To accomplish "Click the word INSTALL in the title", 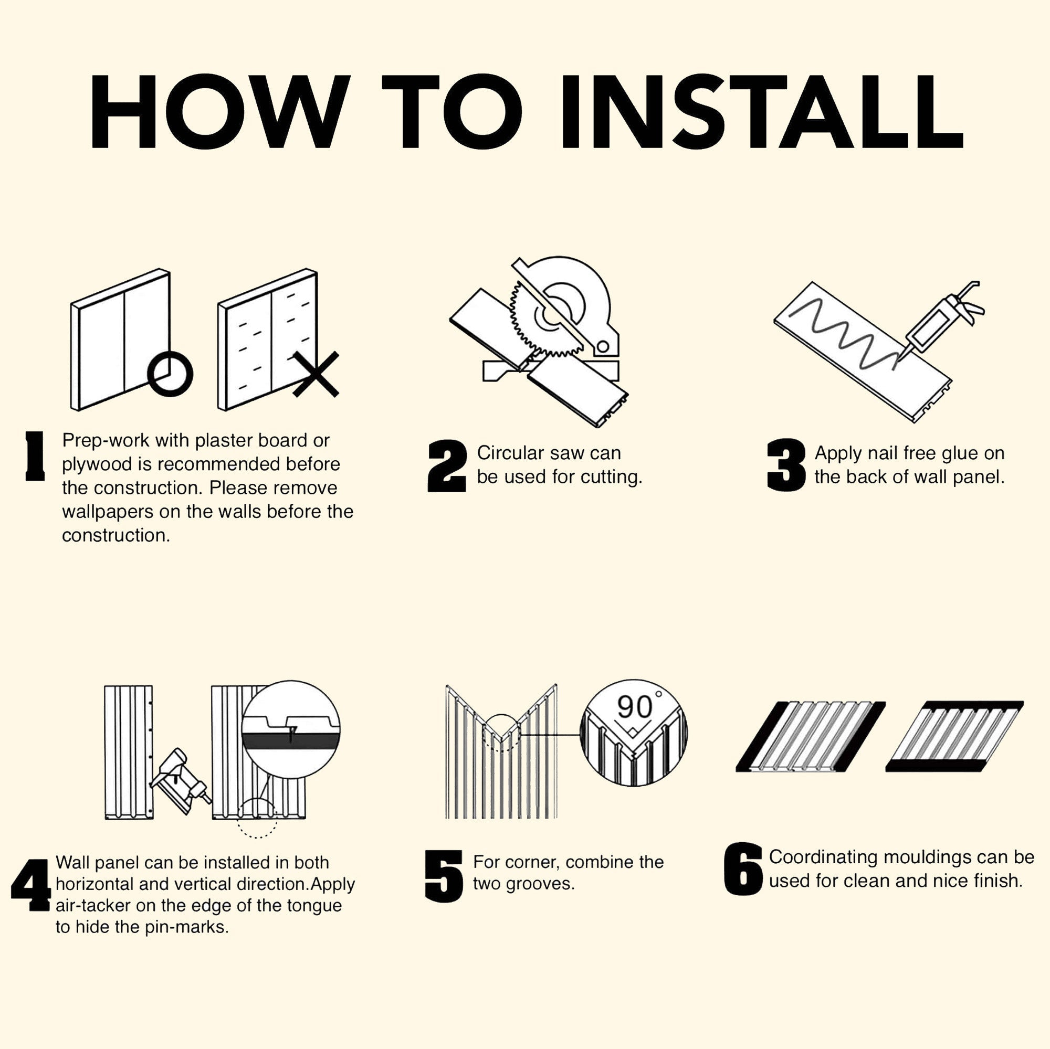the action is click(x=762, y=111).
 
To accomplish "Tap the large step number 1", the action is click(x=35, y=456).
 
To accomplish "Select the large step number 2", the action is click(x=447, y=466).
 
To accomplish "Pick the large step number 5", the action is click(x=444, y=876).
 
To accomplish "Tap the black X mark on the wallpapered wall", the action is click(x=316, y=374).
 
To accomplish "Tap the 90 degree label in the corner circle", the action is click(x=639, y=706).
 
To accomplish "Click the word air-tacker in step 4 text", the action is click(x=93, y=906).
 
